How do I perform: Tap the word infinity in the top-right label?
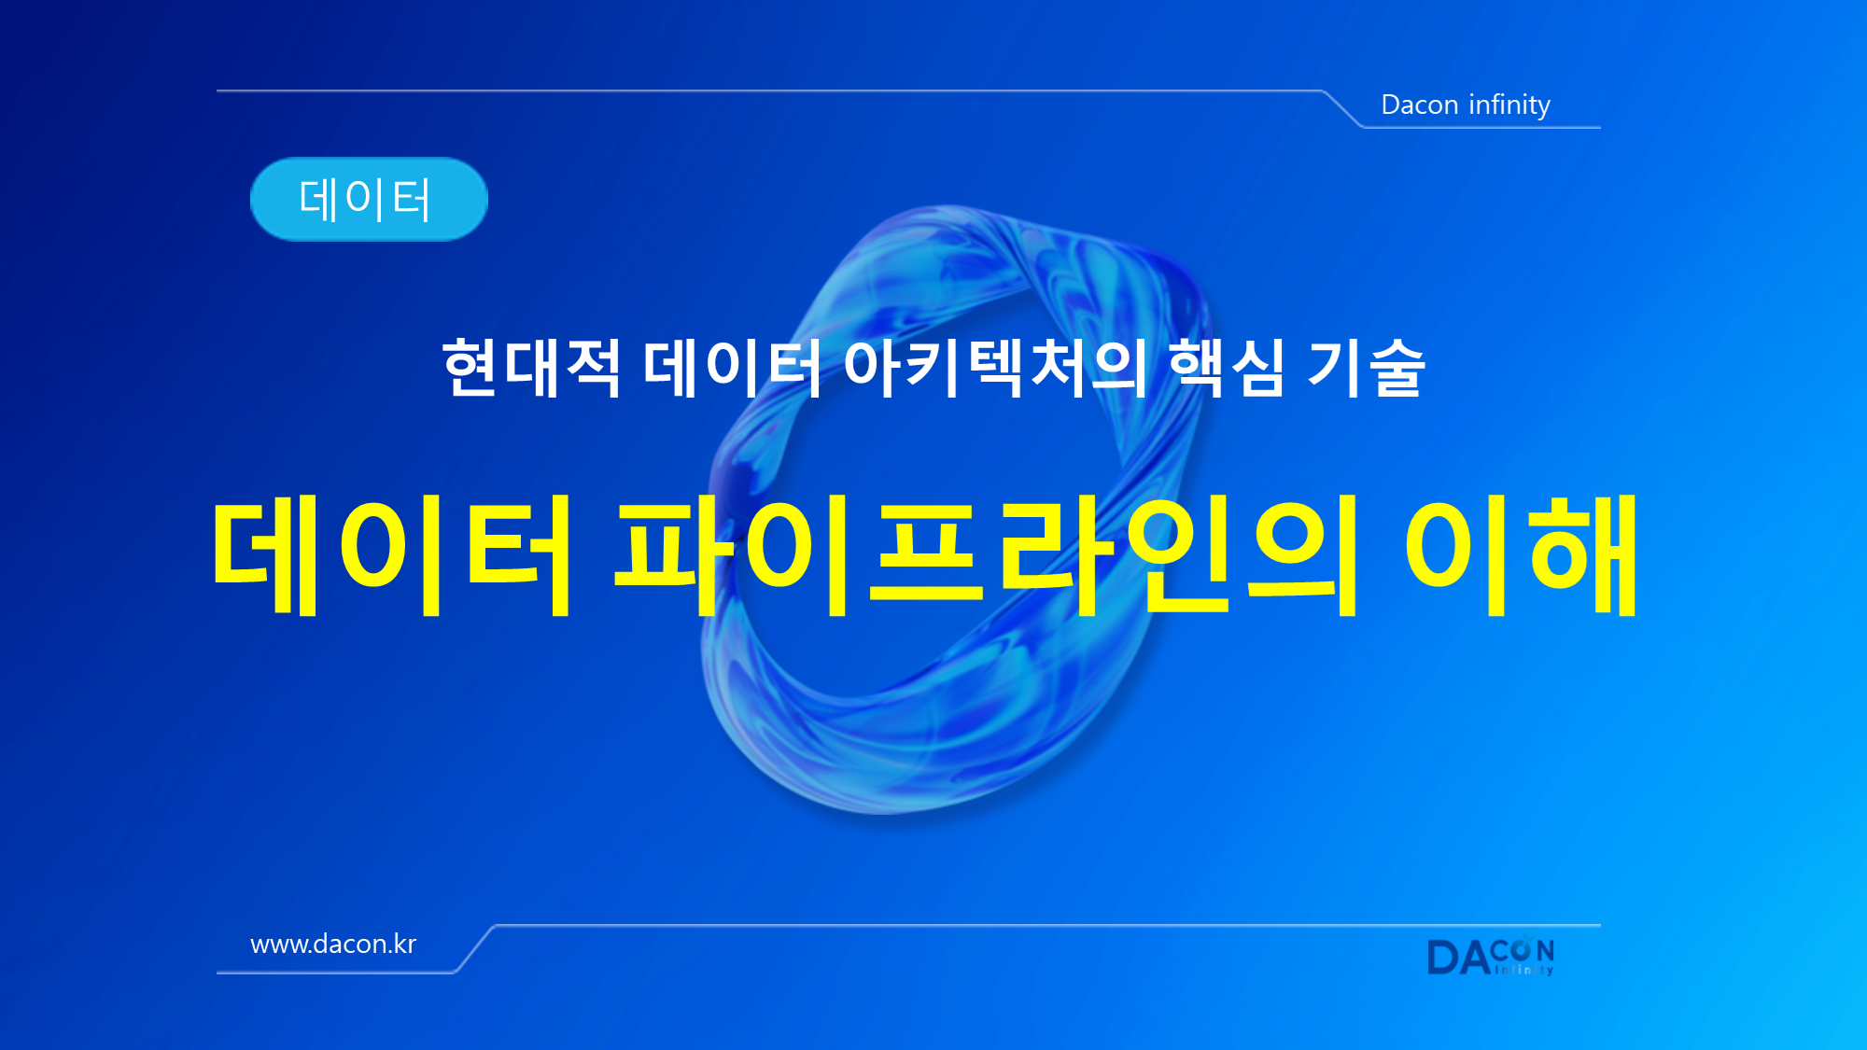click(1509, 105)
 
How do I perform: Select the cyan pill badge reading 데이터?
click(369, 199)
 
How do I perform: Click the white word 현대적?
click(531, 368)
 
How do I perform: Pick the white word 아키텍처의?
click(995, 368)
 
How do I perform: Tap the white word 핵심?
click(1227, 368)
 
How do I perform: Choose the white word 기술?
click(1366, 368)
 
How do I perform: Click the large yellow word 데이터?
click(392, 555)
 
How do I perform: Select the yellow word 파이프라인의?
click(986, 555)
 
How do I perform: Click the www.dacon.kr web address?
click(333, 945)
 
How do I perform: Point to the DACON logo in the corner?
click(1491, 955)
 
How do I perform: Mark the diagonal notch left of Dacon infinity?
click(1343, 108)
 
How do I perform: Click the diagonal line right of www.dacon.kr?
click(475, 948)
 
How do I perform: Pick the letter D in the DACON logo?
click(1443, 958)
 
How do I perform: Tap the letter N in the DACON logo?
click(1545, 951)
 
